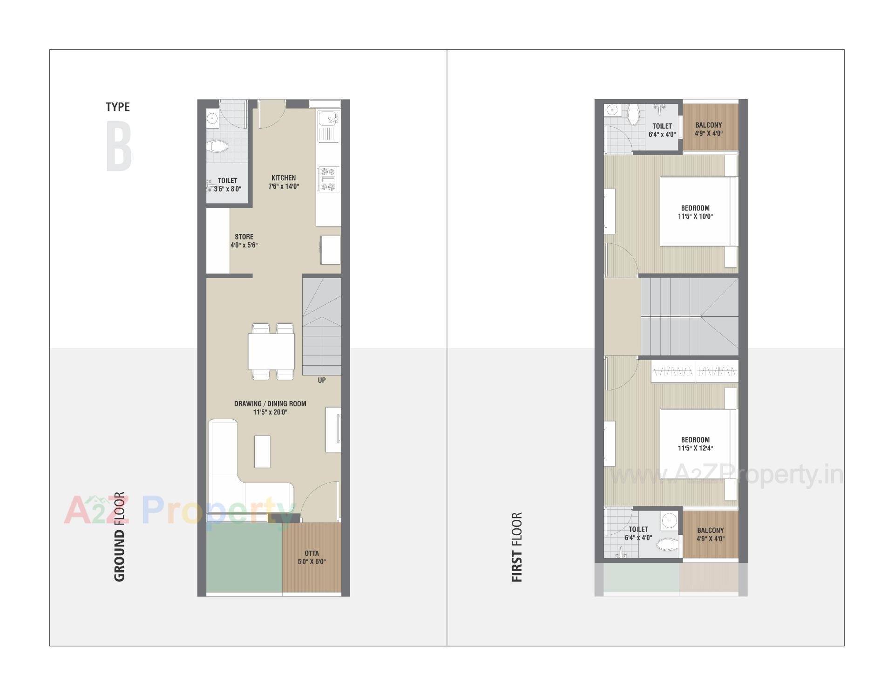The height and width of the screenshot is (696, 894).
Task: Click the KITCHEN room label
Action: click(283, 178)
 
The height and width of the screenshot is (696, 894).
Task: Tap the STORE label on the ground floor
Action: click(244, 237)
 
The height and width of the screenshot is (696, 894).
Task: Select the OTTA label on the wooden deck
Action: click(312, 553)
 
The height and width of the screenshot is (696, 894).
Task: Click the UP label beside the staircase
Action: click(321, 380)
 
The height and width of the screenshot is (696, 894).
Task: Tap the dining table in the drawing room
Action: click(271, 352)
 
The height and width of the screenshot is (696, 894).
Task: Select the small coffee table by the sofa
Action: click(262, 451)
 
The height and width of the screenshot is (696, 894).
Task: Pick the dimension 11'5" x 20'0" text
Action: click(270, 412)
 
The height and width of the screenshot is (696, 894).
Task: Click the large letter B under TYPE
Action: click(119, 147)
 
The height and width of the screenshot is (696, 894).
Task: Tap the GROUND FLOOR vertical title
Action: click(119, 536)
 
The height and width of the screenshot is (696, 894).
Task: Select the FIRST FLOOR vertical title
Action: click(517, 547)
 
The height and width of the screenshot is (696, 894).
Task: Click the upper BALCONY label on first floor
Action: click(709, 125)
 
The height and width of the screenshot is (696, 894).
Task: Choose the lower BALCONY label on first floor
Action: click(711, 530)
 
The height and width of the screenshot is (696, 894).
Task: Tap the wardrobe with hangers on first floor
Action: click(694, 371)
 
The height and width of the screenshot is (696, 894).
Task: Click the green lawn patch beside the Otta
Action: click(244, 557)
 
